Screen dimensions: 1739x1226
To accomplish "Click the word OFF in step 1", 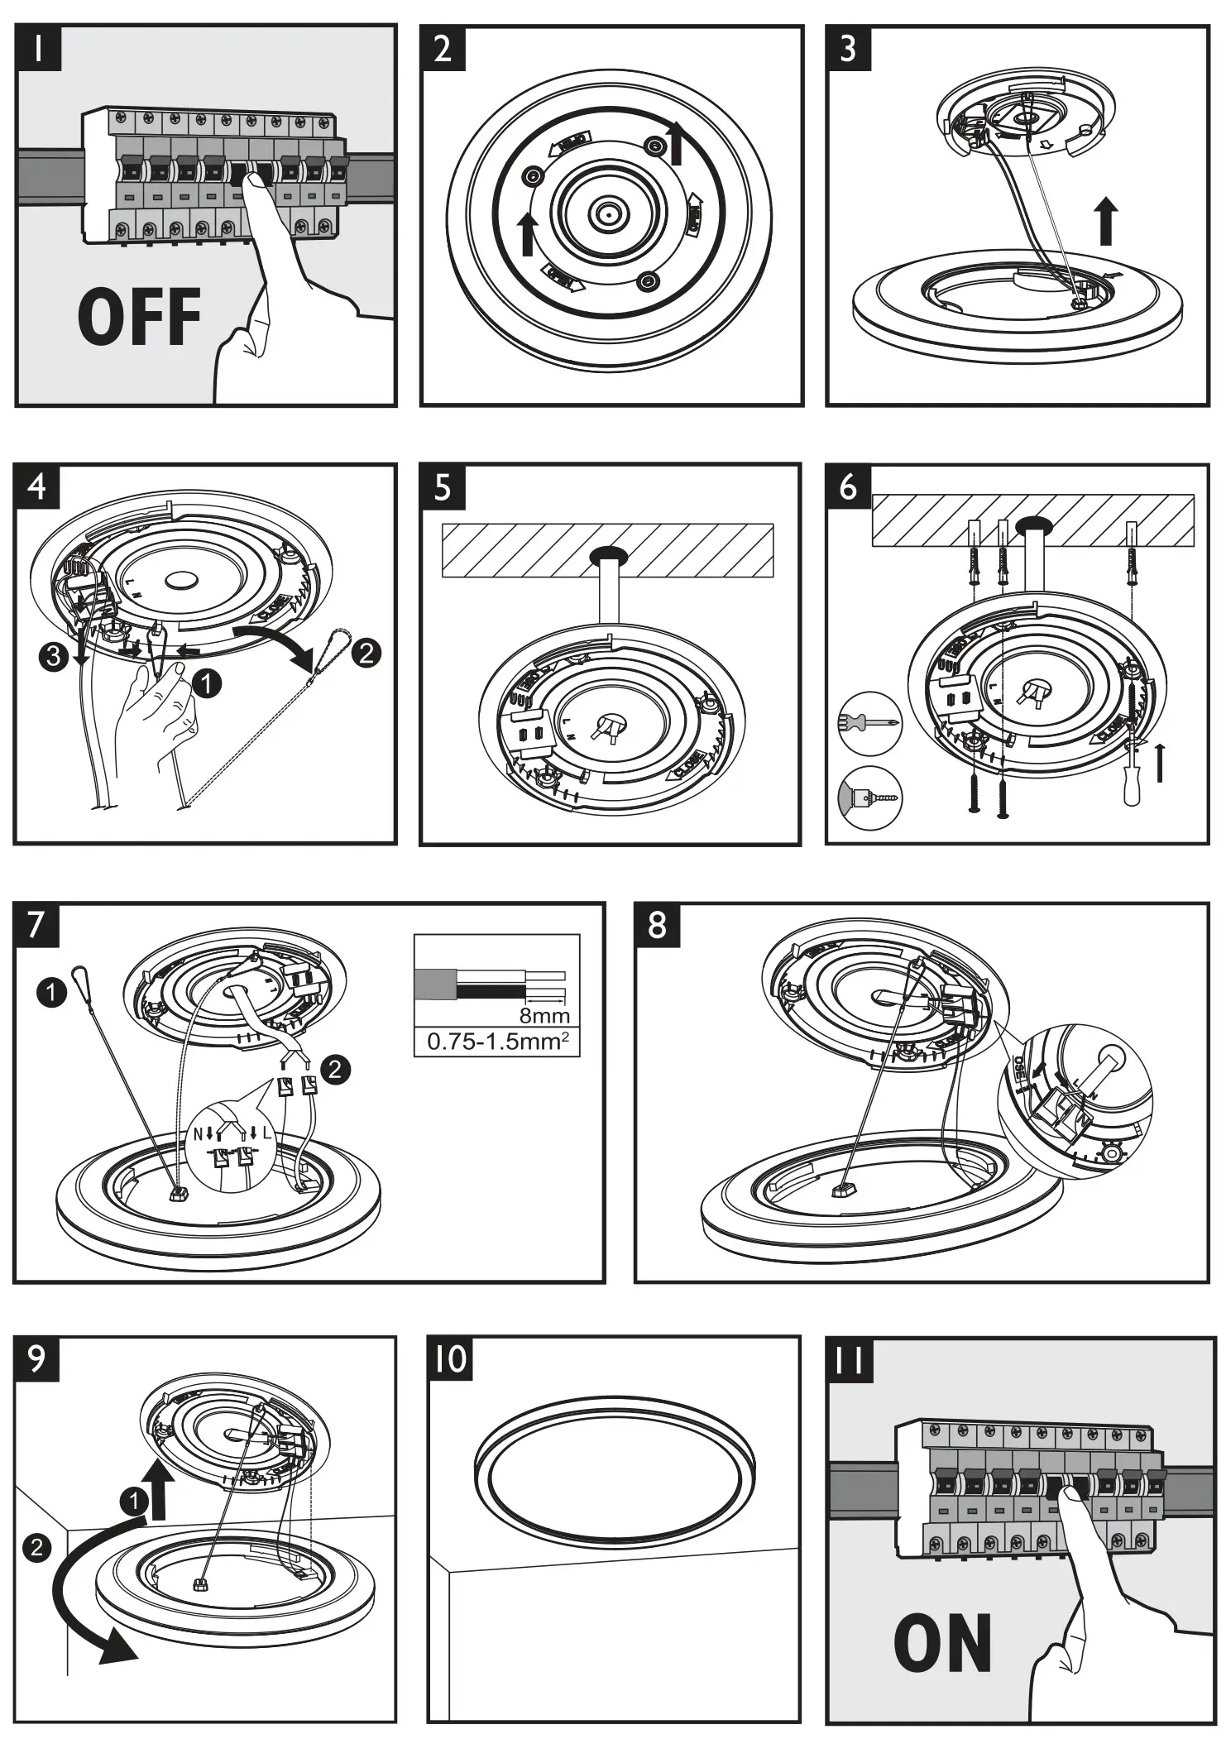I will click(139, 317).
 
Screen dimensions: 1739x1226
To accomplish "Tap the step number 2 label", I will click(443, 49).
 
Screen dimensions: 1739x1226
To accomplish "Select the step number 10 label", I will click(451, 1360).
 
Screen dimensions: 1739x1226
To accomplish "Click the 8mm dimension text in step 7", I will click(544, 1014).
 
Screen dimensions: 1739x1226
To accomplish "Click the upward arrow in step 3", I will click(1105, 221).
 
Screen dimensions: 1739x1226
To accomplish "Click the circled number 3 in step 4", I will click(53, 658).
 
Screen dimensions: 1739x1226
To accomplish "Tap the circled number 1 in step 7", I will click(51, 992).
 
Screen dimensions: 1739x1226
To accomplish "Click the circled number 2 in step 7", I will click(335, 1070).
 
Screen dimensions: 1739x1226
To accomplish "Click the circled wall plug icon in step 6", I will click(869, 798).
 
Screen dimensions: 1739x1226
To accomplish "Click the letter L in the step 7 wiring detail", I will click(266, 1133).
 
